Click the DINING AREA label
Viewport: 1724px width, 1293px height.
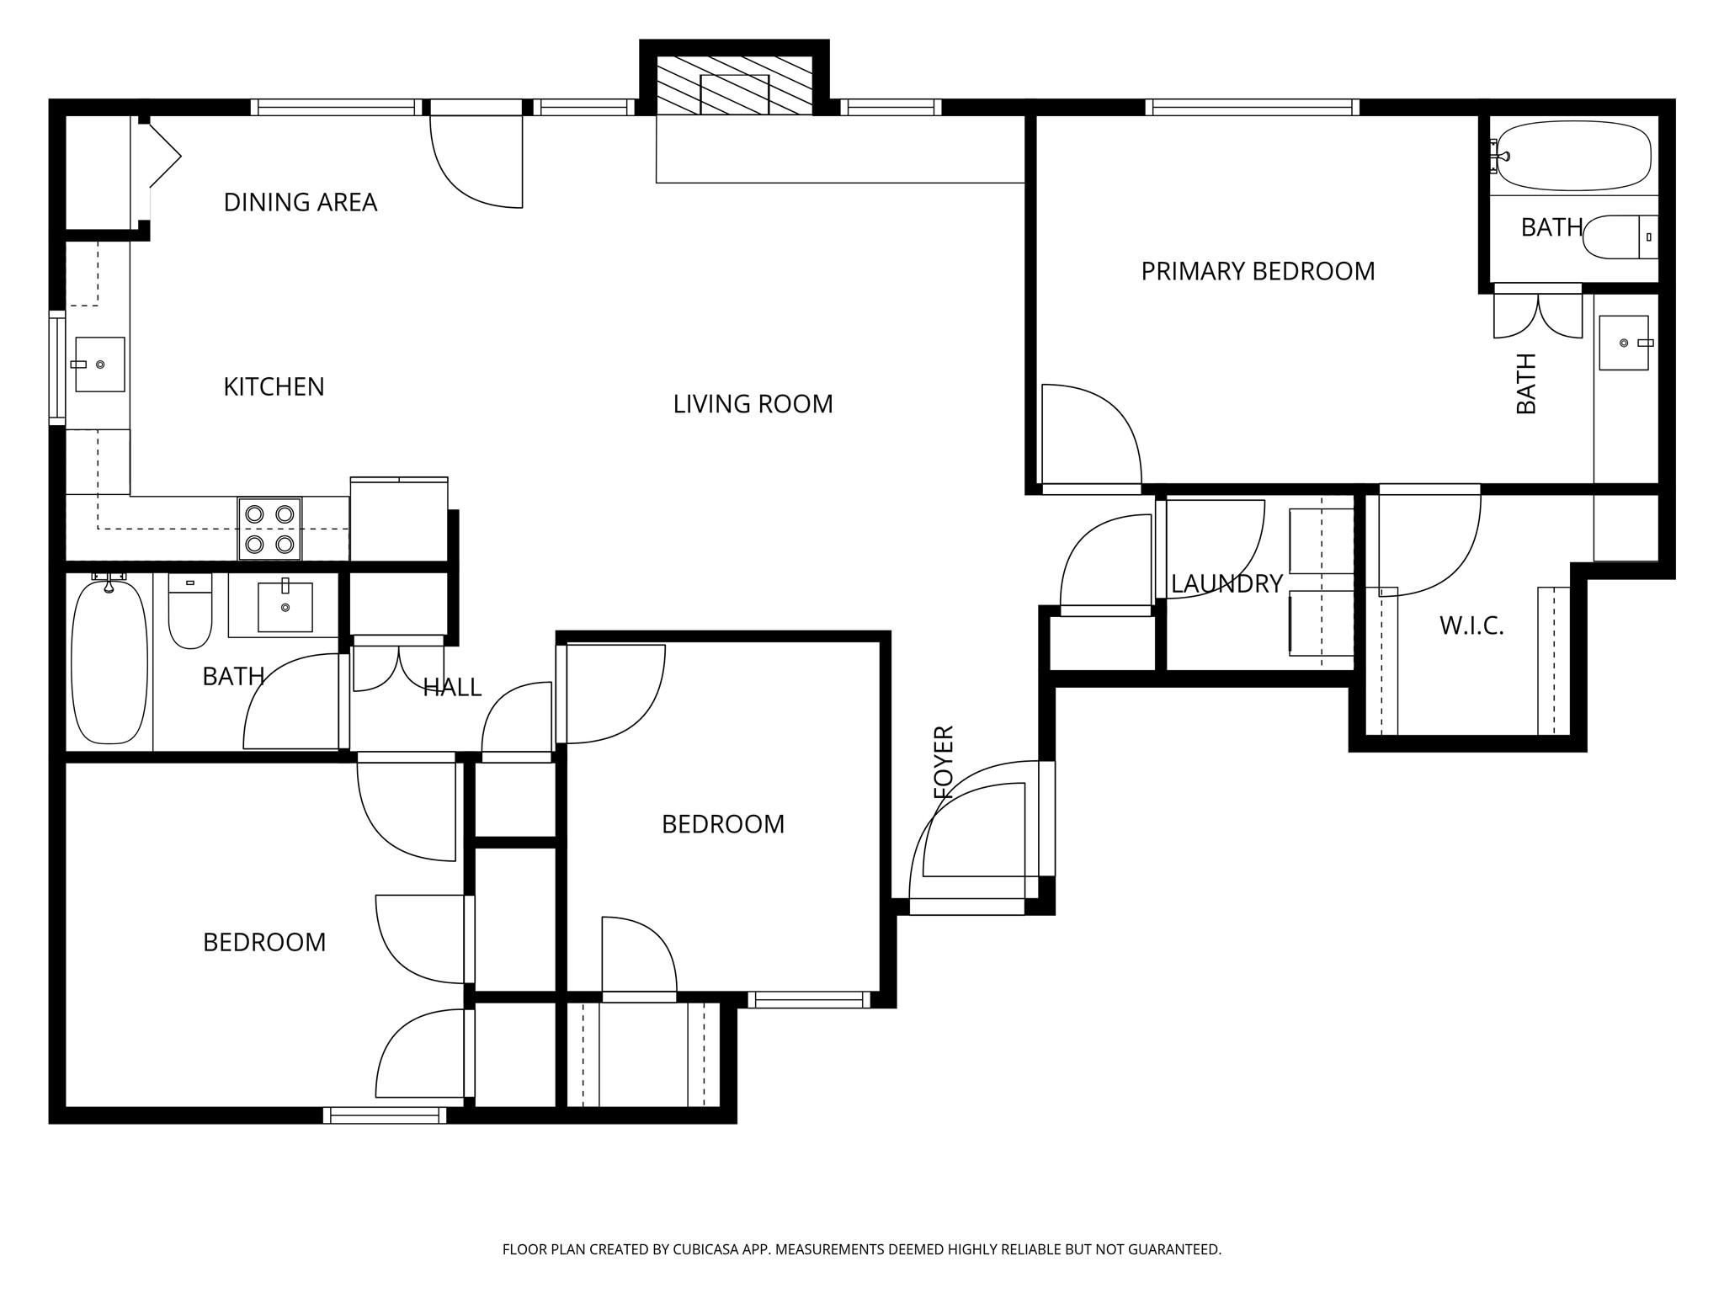pyautogui.click(x=300, y=202)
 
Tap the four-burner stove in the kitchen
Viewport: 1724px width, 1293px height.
pyautogui.click(x=269, y=529)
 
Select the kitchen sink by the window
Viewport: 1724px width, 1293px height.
pyautogui.click(x=100, y=364)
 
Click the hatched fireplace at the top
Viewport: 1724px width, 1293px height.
pyautogui.click(x=734, y=86)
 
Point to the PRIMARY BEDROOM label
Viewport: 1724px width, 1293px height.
pyautogui.click(x=1258, y=271)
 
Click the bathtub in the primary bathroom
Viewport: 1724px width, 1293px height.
pyautogui.click(x=1572, y=157)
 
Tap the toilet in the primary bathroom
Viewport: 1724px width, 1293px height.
pyautogui.click(x=1616, y=237)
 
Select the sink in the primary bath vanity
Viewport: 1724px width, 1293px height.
pyautogui.click(x=1624, y=343)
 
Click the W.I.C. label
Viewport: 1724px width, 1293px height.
pyautogui.click(x=1471, y=625)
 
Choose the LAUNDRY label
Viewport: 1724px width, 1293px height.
pyautogui.click(x=1226, y=583)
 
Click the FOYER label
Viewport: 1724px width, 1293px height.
pyautogui.click(x=944, y=762)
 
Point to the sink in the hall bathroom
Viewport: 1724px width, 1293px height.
pyautogui.click(x=285, y=606)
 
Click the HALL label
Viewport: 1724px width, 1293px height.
pyautogui.click(x=452, y=688)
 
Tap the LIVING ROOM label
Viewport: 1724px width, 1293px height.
pyautogui.click(x=753, y=404)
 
